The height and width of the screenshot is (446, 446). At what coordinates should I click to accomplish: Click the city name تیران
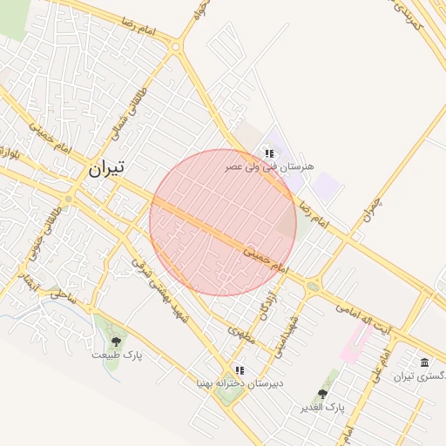tap(105, 168)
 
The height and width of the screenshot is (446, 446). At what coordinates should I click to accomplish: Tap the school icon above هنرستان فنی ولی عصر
tap(269, 153)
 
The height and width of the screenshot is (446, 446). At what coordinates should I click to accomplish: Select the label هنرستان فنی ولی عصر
tap(270, 166)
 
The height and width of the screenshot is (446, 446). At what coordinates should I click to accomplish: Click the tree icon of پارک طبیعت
tap(117, 341)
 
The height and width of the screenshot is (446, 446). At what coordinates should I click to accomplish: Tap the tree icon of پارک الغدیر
tap(322, 395)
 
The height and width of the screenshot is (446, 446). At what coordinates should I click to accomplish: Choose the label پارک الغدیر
tap(323, 408)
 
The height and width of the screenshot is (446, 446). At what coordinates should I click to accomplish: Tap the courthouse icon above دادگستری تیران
tap(424, 362)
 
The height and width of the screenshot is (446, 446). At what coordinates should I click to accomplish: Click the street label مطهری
tap(241, 334)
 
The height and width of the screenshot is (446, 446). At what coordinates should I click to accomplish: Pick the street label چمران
tap(372, 209)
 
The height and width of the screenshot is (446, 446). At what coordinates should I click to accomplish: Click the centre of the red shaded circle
tap(223, 222)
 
